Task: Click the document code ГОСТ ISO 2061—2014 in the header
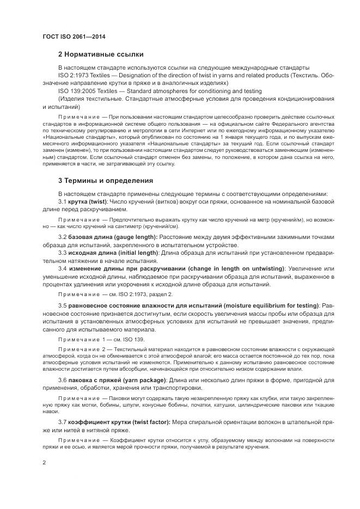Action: tap(74, 37)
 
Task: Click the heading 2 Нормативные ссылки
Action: tap(101, 54)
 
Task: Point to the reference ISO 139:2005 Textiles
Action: tap(88, 91)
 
